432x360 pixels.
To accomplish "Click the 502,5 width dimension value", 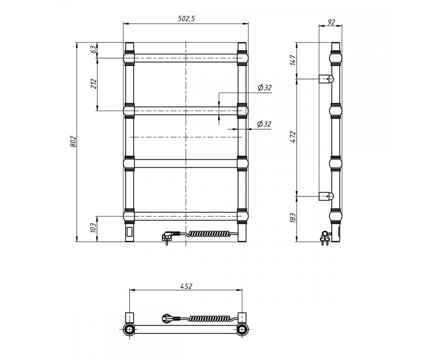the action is [186, 19].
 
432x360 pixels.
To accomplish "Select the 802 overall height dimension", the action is [73, 141].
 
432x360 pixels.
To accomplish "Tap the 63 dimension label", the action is [94, 49].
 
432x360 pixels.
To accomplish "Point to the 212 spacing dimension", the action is [94, 84].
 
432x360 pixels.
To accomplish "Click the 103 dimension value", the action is [93, 228].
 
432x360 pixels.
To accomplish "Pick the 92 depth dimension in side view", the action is [331, 22].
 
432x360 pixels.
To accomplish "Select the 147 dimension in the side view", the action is [293, 60].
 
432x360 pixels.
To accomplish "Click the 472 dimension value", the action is [293, 137].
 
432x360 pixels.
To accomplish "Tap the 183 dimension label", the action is [293, 218].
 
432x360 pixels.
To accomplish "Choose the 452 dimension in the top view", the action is [186, 286].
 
